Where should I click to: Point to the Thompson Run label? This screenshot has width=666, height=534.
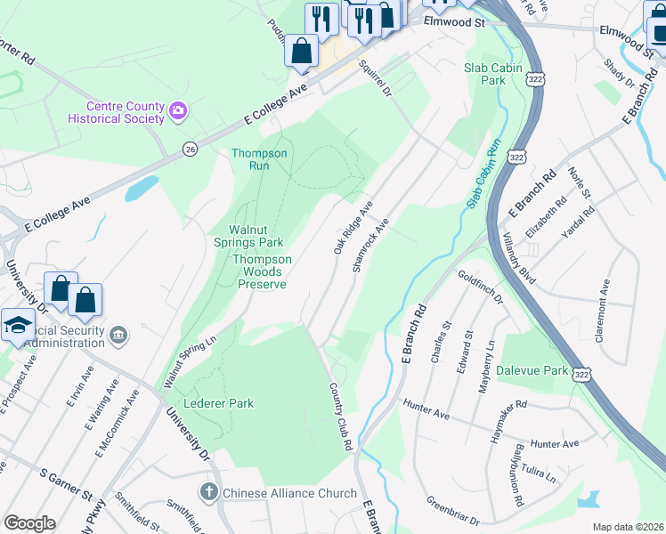[x=259, y=159]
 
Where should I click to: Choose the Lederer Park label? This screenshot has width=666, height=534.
[x=218, y=403]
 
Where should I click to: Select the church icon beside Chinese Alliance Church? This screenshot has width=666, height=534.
[x=208, y=491]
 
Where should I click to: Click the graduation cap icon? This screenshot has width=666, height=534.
[x=18, y=325]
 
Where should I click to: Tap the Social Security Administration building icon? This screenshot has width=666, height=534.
[x=119, y=336]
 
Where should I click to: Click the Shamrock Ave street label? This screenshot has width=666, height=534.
[x=371, y=244]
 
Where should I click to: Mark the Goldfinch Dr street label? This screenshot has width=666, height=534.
[x=480, y=288]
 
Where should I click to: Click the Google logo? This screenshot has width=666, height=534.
[x=29, y=523]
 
